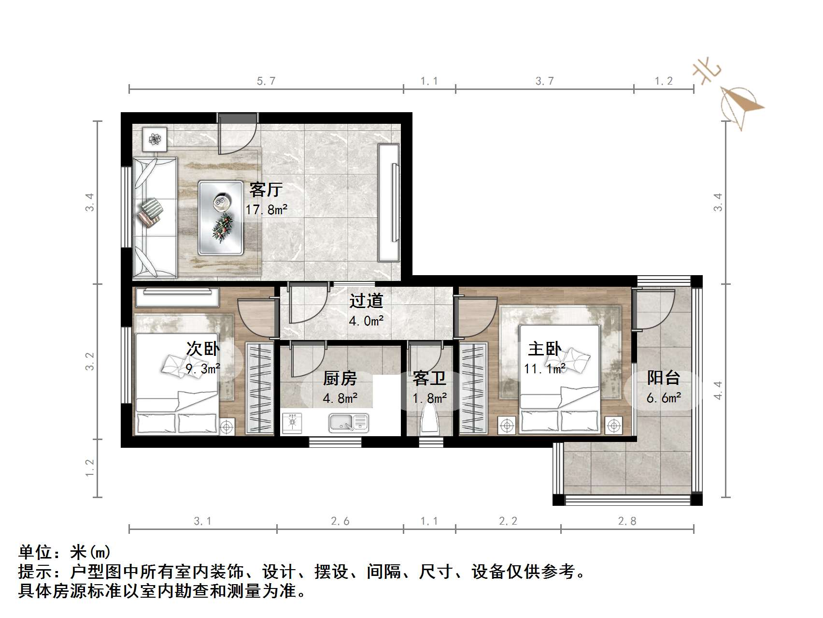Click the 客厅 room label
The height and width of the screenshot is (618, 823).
[x=266, y=190]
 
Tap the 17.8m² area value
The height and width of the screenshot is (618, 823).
[x=266, y=210]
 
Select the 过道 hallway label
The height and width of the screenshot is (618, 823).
[x=366, y=301]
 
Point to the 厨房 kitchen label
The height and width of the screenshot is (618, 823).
[x=340, y=378]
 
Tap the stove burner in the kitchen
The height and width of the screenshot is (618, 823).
[x=292, y=422]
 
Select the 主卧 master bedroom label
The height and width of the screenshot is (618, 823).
[x=544, y=349]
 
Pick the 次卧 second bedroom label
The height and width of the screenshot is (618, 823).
[x=203, y=348]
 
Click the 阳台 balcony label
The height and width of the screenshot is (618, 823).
[x=664, y=378]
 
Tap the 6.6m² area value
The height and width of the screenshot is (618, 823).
[x=664, y=398]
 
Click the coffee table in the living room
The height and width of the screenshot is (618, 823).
[x=221, y=218]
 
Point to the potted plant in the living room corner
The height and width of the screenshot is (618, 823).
[x=155, y=139]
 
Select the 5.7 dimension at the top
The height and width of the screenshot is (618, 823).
[x=266, y=81]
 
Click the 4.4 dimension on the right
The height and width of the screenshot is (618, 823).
[x=718, y=390]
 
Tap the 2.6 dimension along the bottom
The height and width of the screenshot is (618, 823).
[x=340, y=521]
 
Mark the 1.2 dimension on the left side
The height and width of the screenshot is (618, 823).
[x=90, y=468]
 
